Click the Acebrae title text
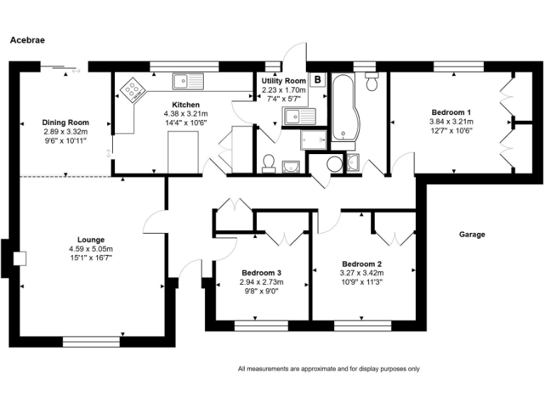(27, 40)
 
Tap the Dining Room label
(65, 123)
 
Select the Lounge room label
(91, 239)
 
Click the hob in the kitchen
(133, 89)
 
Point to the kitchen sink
(187, 82)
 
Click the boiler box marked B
(318, 80)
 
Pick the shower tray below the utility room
(313, 139)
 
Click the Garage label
(472, 234)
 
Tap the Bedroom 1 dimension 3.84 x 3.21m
(451, 121)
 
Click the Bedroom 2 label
(362, 263)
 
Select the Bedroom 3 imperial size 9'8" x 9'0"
(262, 290)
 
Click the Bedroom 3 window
(261, 326)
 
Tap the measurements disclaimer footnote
(329, 369)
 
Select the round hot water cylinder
(334, 165)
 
